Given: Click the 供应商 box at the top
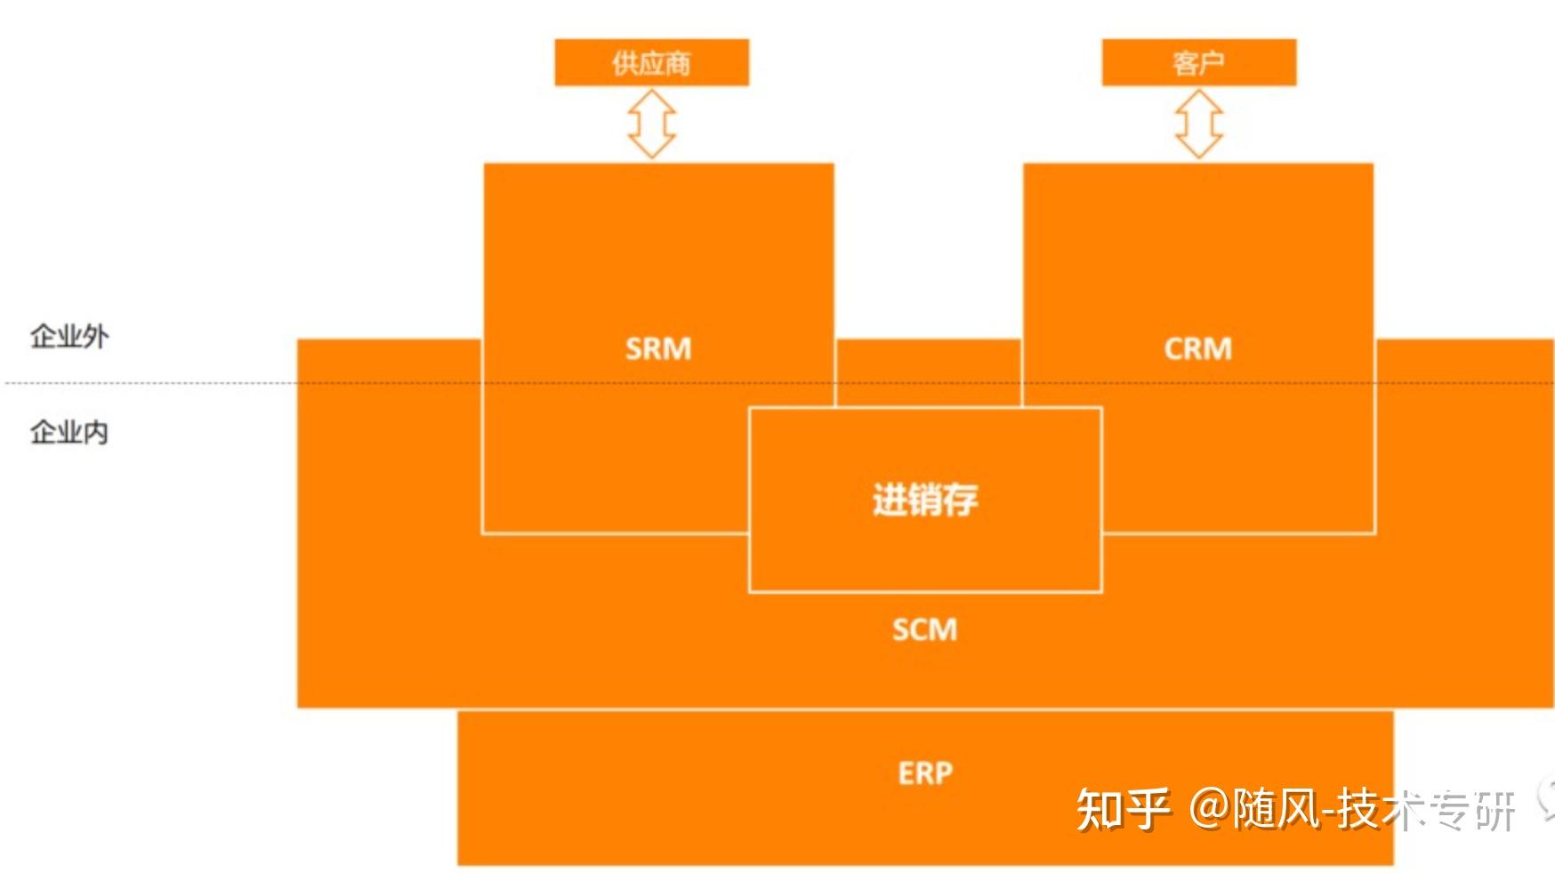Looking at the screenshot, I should (x=651, y=63).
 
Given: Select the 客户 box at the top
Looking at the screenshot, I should (x=1198, y=63).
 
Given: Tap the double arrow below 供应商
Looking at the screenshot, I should (x=651, y=124).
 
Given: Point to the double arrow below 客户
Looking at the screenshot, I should (x=1198, y=124).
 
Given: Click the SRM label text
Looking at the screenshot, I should (x=658, y=348).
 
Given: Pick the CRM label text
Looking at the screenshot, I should (x=1198, y=348).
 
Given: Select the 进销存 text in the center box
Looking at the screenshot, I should (x=925, y=500).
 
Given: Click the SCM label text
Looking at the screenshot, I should (x=925, y=629).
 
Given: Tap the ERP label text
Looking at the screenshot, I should (x=925, y=773).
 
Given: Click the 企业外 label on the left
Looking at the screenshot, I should (x=69, y=336).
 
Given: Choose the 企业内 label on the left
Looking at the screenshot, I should (x=69, y=432).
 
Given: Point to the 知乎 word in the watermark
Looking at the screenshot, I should (x=1123, y=809).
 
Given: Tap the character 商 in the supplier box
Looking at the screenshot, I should (x=677, y=63).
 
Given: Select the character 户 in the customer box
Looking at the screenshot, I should (x=1211, y=63).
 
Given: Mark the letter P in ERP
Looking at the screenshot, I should (x=943, y=773).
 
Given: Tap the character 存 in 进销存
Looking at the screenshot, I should (x=961, y=500).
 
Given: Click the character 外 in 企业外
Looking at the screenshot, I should (x=95, y=336).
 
